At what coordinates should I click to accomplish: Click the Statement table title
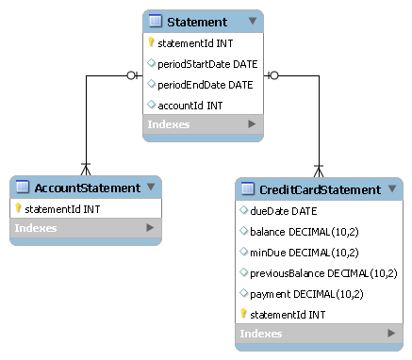coord(196,21)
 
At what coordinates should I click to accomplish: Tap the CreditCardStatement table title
coord(320,189)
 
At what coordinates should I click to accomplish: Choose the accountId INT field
coord(190,105)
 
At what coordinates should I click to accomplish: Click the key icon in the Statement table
coord(151,42)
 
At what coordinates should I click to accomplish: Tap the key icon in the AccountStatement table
coord(18,208)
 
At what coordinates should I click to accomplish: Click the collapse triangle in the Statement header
coord(252,21)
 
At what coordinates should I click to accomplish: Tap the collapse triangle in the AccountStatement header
coord(150,187)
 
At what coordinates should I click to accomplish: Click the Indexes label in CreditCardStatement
coord(261,334)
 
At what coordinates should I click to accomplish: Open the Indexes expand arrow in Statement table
coord(252,124)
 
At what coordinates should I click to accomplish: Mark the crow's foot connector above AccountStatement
coord(86,168)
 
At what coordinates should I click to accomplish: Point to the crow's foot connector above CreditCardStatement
coord(318,171)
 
